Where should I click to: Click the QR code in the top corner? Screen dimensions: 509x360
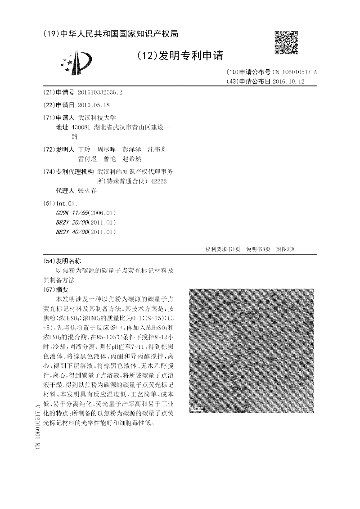[286, 42]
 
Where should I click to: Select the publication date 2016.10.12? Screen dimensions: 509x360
[288, 81]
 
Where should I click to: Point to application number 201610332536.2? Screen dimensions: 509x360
[100, 92]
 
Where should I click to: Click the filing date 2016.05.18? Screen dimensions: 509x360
[94, 105]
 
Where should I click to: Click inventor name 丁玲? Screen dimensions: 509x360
[84, 149]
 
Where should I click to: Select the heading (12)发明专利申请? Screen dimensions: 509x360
[180, 55]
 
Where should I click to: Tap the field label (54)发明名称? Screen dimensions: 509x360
[62, 261]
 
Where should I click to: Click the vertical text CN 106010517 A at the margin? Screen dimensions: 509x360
[37, 426]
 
